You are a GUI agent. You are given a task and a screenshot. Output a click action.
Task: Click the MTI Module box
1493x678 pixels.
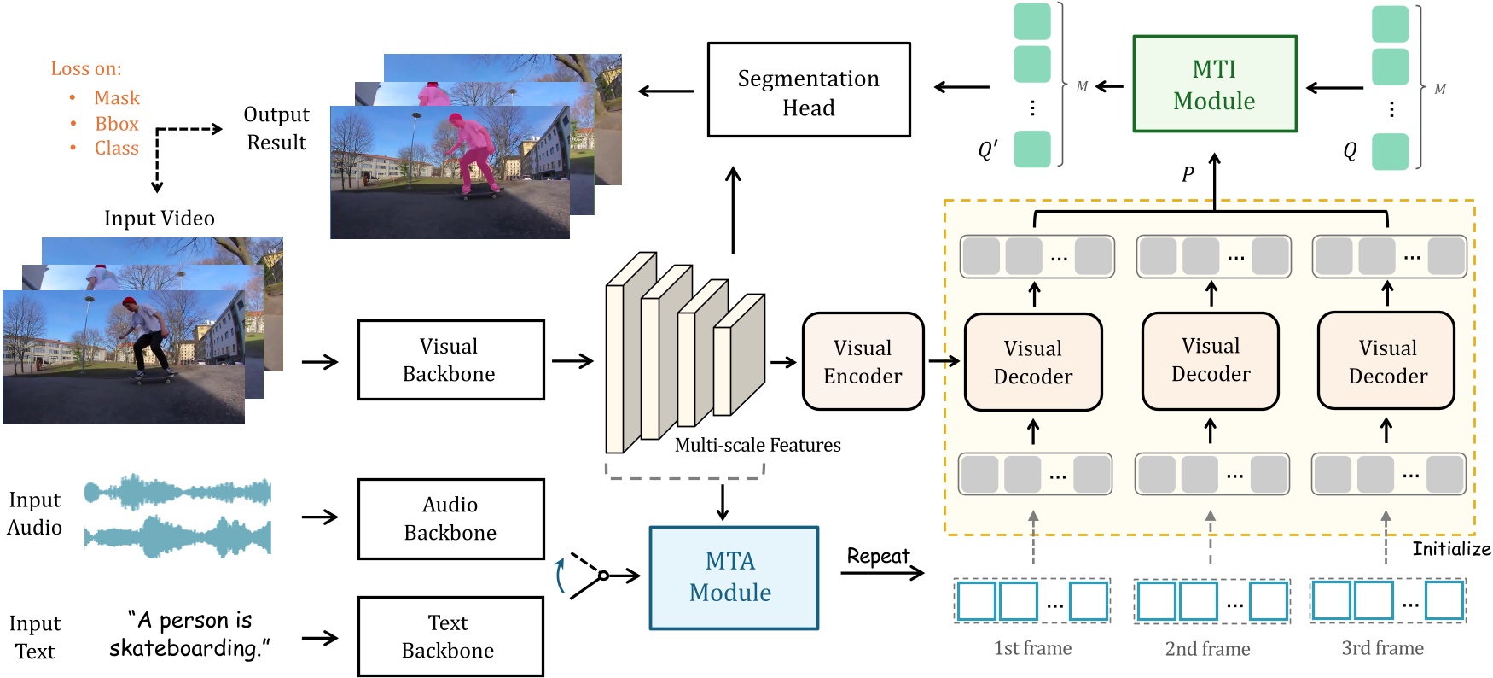pyautogui.click(x=1214, y=84)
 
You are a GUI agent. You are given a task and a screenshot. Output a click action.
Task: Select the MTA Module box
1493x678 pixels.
pyautogui.click(x=733, y=577)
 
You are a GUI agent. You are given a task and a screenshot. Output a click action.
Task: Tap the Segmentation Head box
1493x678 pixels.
pyautogui.click(x=808, y=91)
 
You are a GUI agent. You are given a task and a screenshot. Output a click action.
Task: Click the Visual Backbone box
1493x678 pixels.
pyautogui.click(x=450, y=359)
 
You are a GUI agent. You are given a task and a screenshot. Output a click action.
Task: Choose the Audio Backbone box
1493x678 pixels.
pyautogui.click(x=450, y=518)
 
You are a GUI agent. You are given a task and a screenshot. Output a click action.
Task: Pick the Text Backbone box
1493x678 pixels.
pyautogui.click(x=450, y=636)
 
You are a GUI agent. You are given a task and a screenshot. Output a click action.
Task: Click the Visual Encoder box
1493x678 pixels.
pyautogui.click(x=863, y=361)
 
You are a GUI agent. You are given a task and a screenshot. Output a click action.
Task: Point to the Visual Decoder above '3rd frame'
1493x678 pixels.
pyautogui.click(x=1386, y=361)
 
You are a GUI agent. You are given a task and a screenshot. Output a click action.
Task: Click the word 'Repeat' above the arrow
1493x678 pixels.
pyautogui.click(x=878, y=557)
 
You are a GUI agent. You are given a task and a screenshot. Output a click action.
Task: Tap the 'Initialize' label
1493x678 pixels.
pyautogui.click(x=1450, y=549)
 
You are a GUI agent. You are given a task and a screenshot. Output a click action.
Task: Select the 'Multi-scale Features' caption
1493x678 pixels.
pyautogui.click(x=757, y=445)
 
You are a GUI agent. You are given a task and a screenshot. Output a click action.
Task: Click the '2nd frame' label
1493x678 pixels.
pyautogui.click(x=1207, y=649)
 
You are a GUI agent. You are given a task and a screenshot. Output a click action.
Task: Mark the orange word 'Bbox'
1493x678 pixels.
pyautogui.click(x=116, y=124)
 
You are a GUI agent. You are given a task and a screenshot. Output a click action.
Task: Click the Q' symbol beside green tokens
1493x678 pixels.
pyautogui.click(x=988, y=150)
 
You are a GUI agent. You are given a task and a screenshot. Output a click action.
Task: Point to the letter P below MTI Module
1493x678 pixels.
pyautogui.click(x=1188, y=175)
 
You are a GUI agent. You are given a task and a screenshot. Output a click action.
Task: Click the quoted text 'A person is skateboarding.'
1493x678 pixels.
pyautogui.click(x=189, y=634)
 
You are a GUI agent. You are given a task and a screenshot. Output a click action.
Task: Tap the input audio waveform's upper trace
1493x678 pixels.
pyautogui.click(x=177, y=493)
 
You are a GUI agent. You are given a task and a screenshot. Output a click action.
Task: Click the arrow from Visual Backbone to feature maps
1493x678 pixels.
pyautogui.click(x=572, y=360)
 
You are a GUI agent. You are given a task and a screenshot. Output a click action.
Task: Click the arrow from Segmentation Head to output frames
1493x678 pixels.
pyautogui.click(x=665, y=91)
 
